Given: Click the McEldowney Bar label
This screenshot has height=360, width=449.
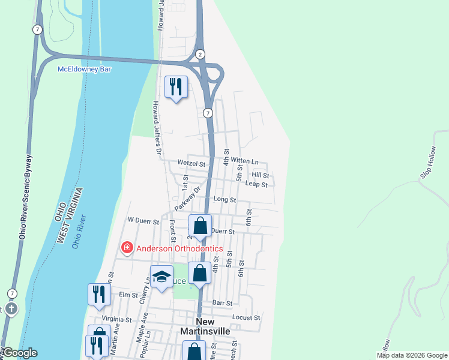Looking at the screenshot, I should click(x=85, y=69).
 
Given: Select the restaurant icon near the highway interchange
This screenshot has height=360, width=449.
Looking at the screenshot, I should click(x=176, y=87).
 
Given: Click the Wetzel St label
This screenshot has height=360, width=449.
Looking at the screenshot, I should click(x=191, y=163).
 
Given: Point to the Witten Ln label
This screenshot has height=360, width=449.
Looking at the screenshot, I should click(x=244, y=161).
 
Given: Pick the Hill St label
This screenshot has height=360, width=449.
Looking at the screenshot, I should click(x=260, y=175).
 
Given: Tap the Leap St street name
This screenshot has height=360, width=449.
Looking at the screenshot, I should click(x=256, y=184).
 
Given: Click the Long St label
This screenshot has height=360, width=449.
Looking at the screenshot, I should click(x=224, y=199).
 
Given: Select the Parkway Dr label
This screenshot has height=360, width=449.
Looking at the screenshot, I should click(x=187, y=197).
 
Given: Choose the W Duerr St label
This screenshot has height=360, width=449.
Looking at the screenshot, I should click(x=143, y=221).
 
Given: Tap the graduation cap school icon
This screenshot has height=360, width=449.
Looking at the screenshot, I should click(x=161, y=277).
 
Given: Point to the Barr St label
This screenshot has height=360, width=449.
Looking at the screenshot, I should click(x=221, y=304).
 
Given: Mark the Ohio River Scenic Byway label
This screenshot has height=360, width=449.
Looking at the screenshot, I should click(x=26, y=197).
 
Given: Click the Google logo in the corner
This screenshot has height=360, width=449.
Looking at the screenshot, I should click(x=19, y=353).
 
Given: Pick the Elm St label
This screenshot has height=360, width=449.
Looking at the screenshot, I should click(x=128, y=295).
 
